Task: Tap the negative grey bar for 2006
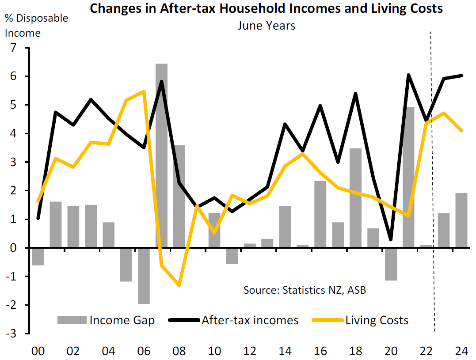[x=144, y=276]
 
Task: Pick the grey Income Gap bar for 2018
[x=355, y=198]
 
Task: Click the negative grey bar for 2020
[x=391, y=264]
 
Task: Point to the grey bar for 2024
[x=461, y=220]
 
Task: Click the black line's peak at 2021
[x=408, y=75]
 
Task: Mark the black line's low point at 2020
[x=391, y=239]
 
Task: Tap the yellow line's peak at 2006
[x=144, y=91]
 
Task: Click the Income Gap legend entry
[x=106, y=320]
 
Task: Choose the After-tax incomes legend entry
[x=234, y=320]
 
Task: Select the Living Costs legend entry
[x=361, y=320]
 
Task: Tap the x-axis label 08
[x=179, y=351]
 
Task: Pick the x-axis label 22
[x=426, y=351]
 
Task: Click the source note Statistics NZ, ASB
[x=305, y=290]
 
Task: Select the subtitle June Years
[x=266, y=26]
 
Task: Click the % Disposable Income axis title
[x=36, y=26]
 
